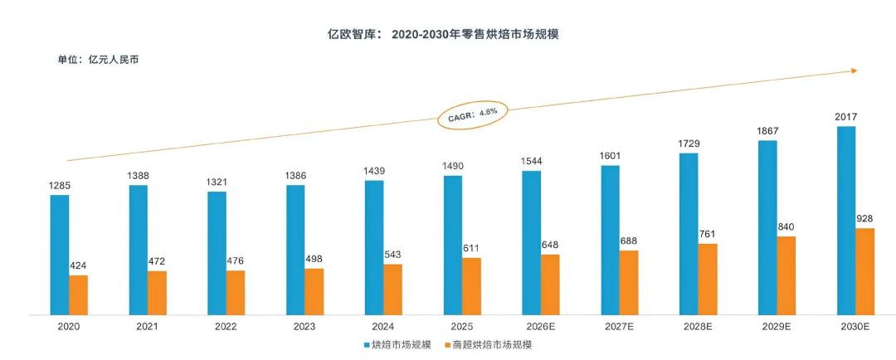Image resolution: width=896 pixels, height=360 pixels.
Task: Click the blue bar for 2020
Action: [x=60, y=255]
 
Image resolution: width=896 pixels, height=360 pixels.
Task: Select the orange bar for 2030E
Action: [x=864, y=271]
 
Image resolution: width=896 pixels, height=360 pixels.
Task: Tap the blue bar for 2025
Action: [x=453, y=246]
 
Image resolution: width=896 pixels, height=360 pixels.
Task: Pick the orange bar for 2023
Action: [x=314, y=291]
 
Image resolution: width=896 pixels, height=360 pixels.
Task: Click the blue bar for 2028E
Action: [x=689, y=234]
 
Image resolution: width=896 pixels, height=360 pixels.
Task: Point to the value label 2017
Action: [x=845, y=117]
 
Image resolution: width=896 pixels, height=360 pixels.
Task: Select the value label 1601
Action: [x=610, y=156]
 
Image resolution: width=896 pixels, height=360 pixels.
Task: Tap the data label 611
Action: [x=471, y=248]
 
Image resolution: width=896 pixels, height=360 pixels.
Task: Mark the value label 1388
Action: [x=138, y=176]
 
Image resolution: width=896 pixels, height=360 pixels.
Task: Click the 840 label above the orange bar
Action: [x=786, y=226]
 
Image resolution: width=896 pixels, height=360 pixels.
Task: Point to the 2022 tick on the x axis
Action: [x=226, y=328]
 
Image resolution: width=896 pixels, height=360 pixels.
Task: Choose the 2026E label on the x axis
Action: [x=541, y=328]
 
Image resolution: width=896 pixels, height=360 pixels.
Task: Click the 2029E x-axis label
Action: [x=777, y=328]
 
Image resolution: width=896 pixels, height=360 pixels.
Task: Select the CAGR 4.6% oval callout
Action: [x=474, y=115]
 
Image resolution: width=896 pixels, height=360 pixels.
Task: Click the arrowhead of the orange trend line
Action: [x=855, y=71]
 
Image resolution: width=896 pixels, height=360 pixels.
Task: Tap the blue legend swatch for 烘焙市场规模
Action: [x=367, y=345]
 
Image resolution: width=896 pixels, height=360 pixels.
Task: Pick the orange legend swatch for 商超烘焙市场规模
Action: [x=447, y=345]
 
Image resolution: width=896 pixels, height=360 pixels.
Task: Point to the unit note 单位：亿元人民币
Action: [x=98, y=59]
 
